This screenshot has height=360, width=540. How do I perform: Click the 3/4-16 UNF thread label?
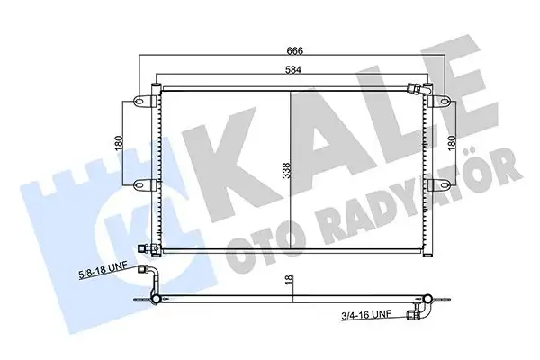tap(366, 315)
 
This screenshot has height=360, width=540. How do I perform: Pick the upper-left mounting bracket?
tap(141, 101)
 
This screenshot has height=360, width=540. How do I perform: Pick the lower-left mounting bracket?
tap(141, 184)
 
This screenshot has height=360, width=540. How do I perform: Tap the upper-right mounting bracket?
tap(441, 101)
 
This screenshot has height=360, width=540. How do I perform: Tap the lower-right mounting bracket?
tap(441, 184)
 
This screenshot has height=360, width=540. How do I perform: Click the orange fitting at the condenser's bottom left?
tap(141, 251)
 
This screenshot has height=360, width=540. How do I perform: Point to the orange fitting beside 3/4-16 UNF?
tap(415, 314)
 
